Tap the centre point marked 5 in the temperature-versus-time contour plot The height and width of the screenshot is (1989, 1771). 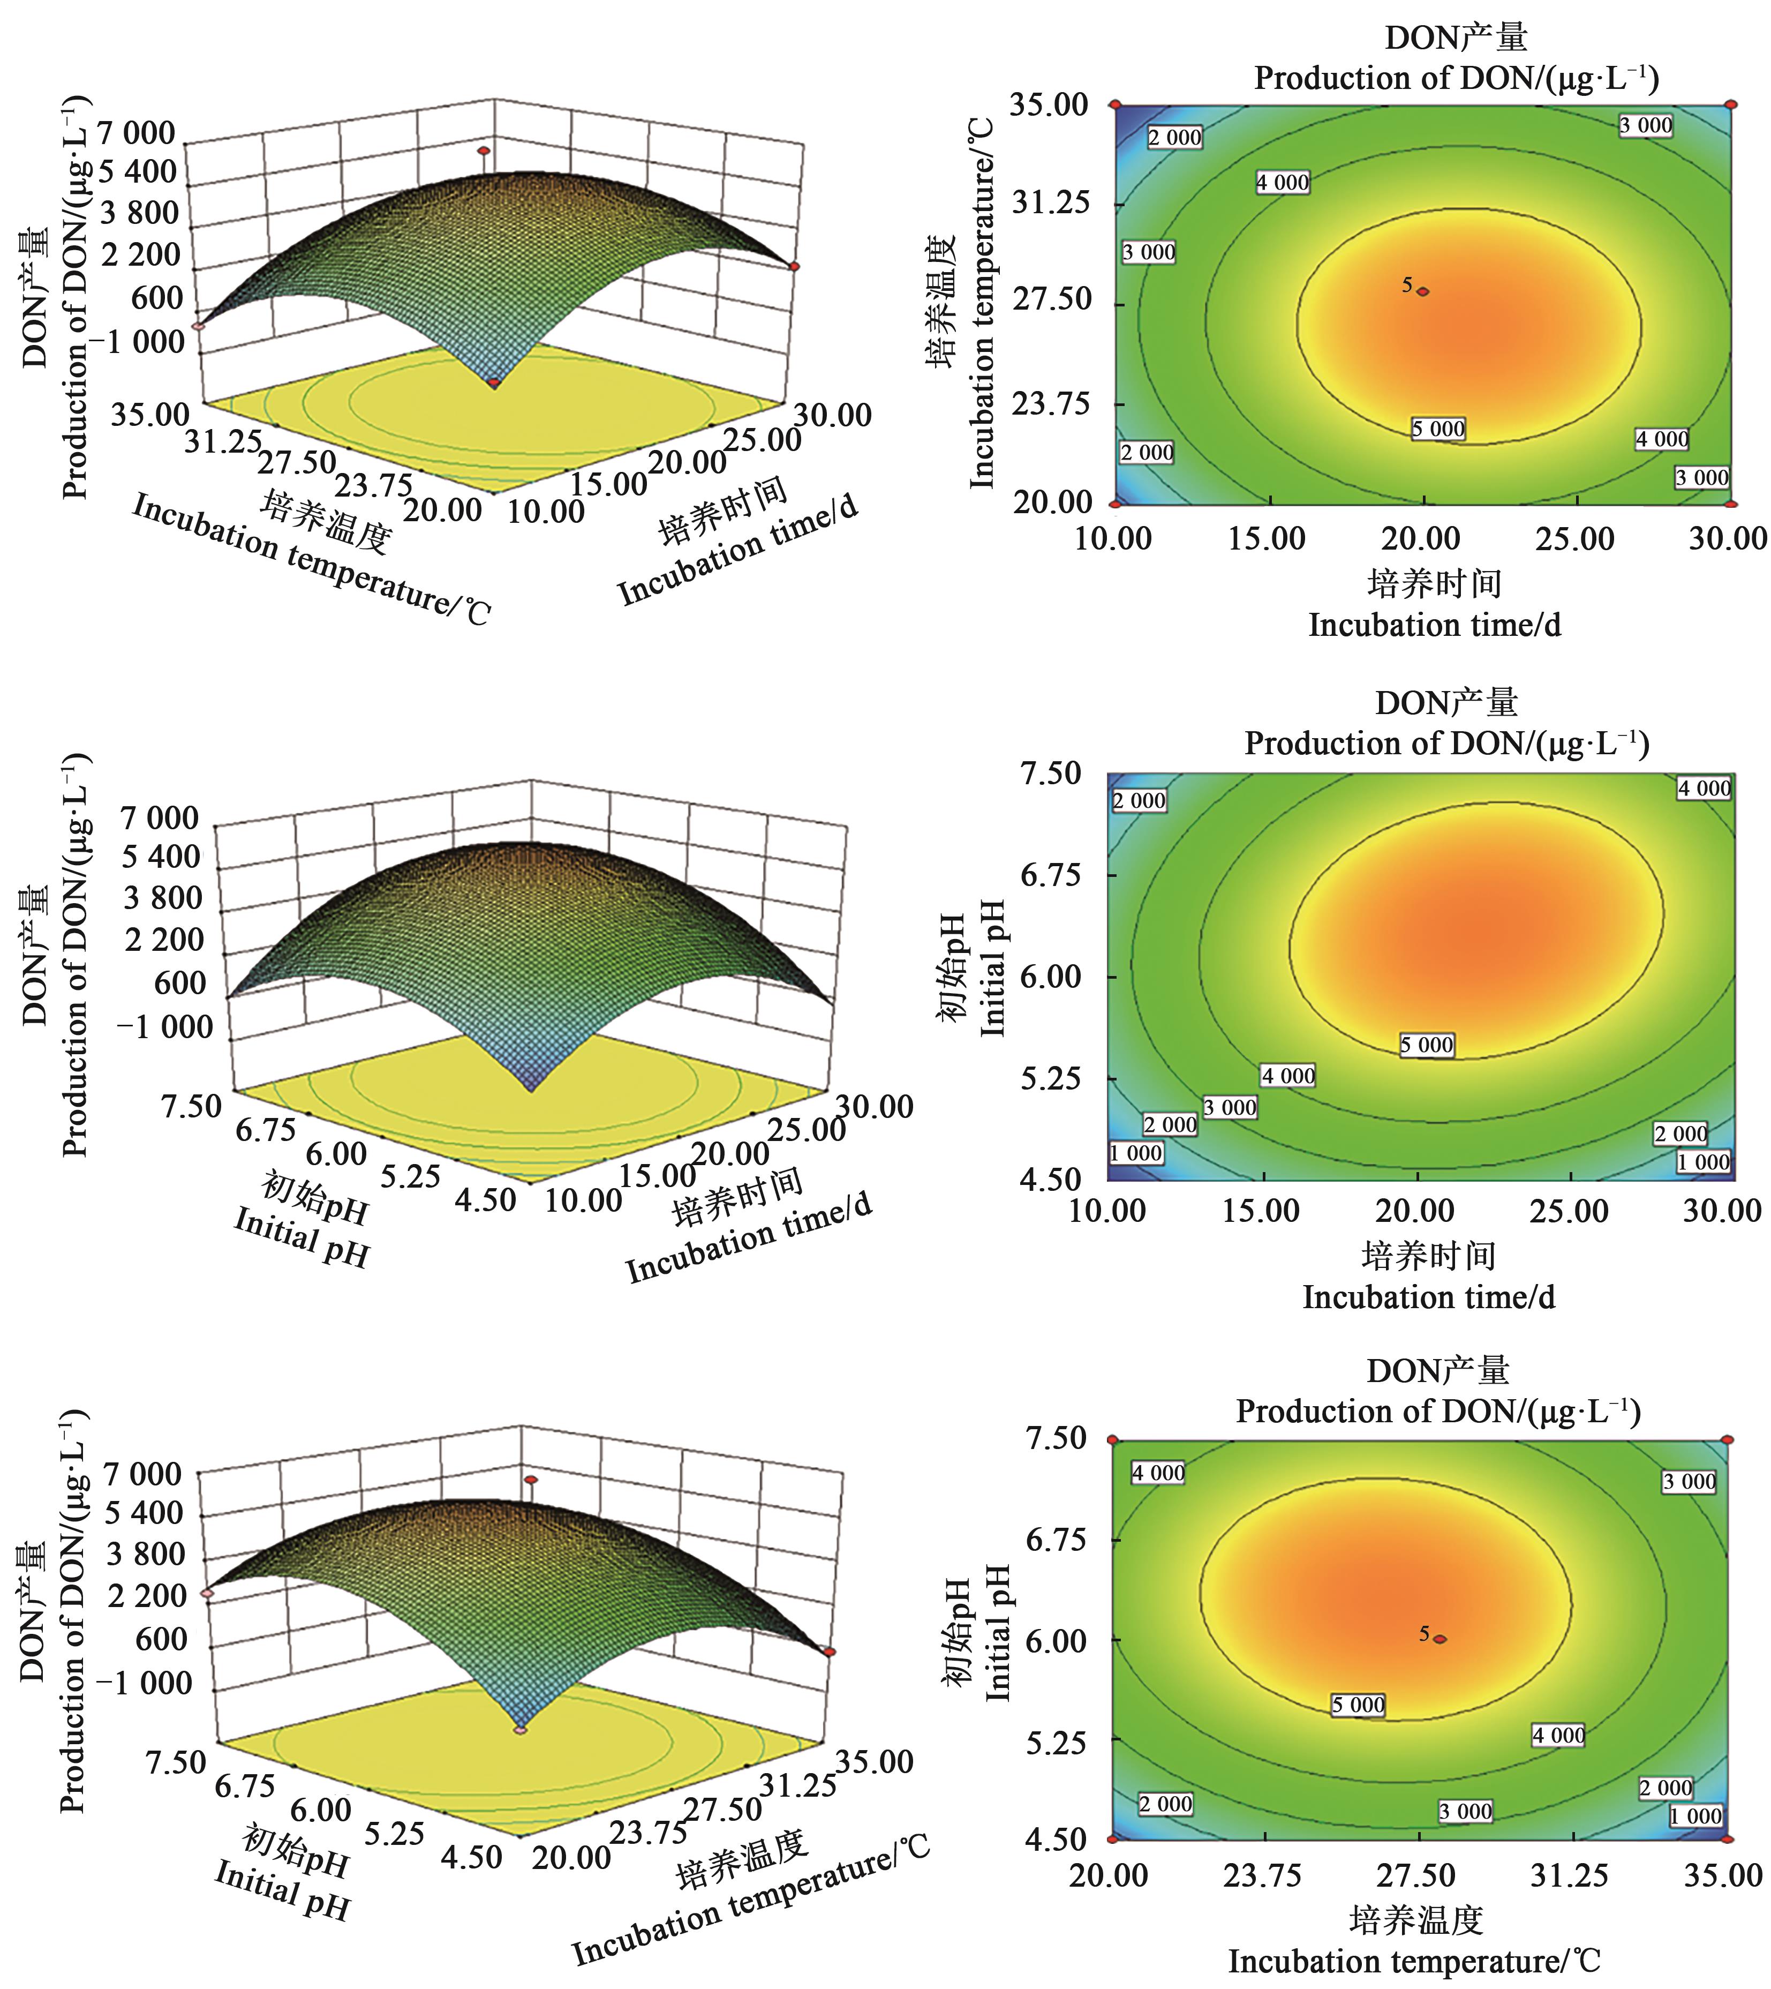click(x=1423, y=291)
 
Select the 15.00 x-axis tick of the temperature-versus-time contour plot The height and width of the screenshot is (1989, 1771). click(x=1267, y=538)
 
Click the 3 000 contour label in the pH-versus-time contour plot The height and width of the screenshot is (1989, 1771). click(x=1230, y=1107)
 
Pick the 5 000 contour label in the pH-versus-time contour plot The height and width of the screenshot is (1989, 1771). click(x=1427, y=1045)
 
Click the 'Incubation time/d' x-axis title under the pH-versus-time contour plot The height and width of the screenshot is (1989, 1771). click(x=1428, y=1297)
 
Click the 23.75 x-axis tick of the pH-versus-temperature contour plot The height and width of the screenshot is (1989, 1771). click(x=1262, y=1875)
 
